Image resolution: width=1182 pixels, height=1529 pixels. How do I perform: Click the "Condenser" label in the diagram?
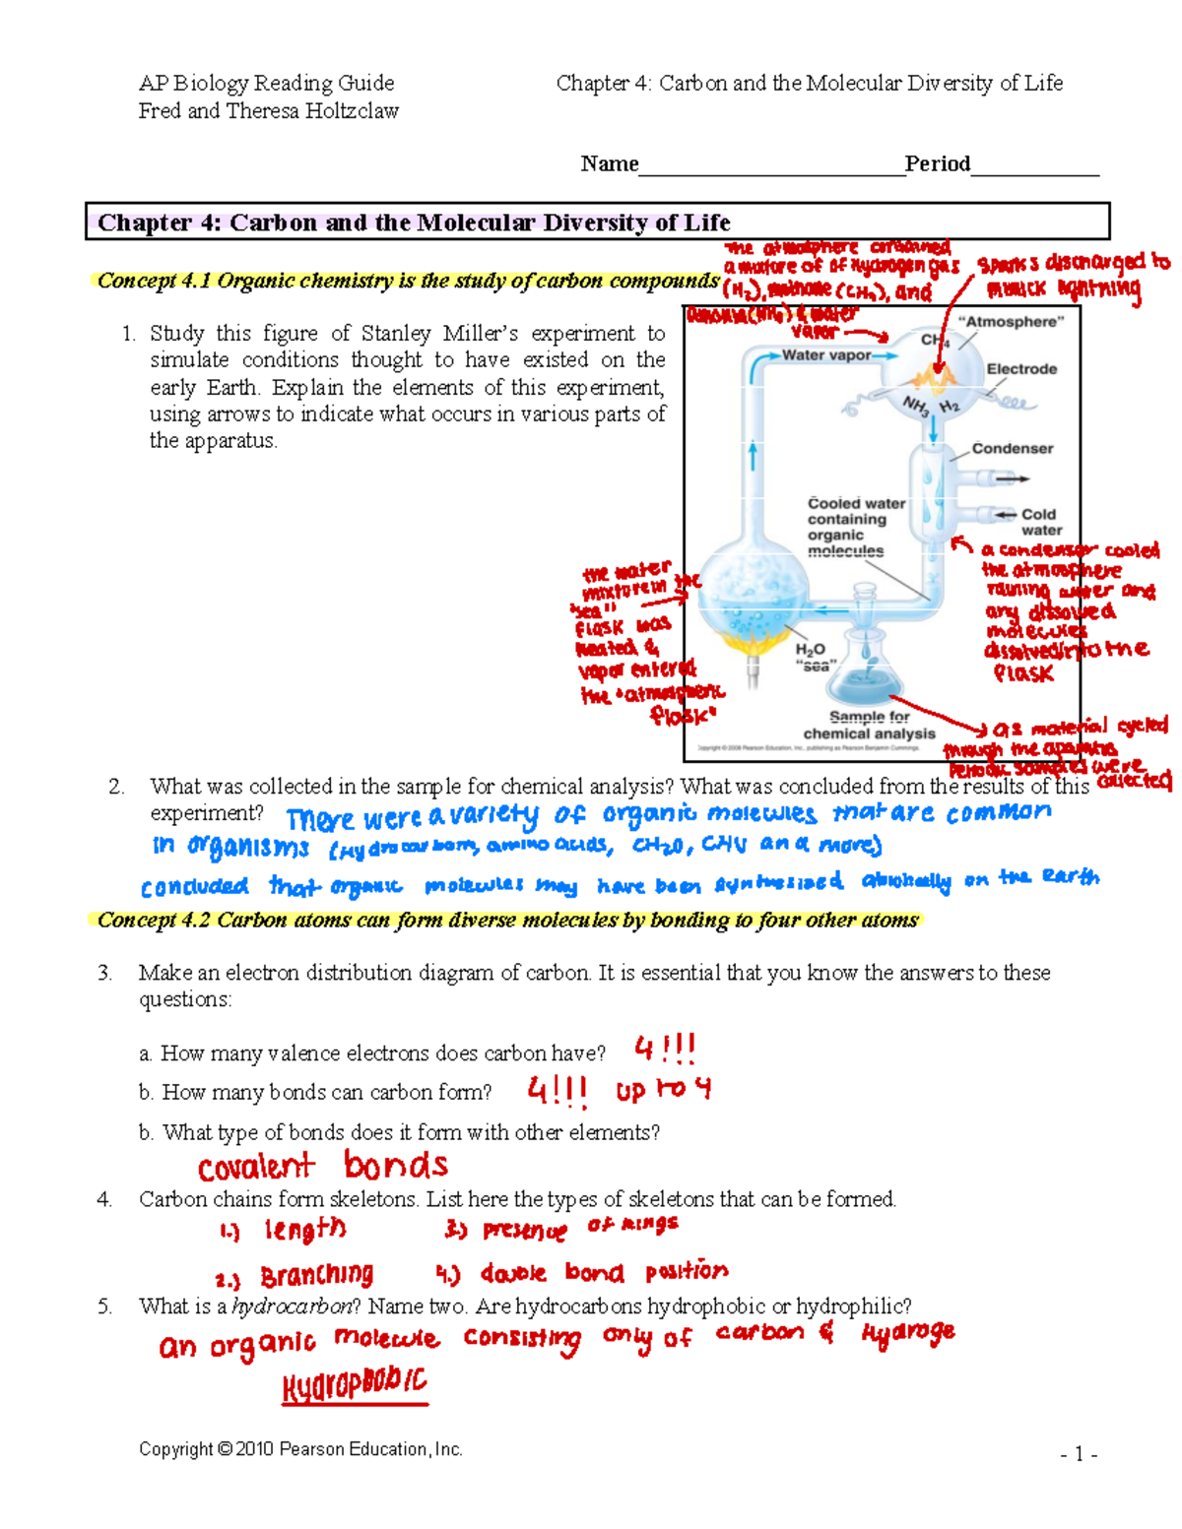tap(1012, 449)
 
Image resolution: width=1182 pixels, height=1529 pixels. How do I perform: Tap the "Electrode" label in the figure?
tap(1021, 369)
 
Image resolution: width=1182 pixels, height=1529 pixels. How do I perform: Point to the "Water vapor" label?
tap(826, 355)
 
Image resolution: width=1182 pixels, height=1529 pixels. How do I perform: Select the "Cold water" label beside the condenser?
tap(1039, 522)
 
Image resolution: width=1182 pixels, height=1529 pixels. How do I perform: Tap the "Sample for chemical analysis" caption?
tap(869, 726)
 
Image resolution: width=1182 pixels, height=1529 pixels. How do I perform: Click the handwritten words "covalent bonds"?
tap(322, 1167)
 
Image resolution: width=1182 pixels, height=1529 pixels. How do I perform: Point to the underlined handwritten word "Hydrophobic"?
tap(355, 1385)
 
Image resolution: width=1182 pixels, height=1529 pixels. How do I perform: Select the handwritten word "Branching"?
tap(316, 1276)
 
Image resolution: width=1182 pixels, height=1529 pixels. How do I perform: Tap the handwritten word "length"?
tap(304, 1230)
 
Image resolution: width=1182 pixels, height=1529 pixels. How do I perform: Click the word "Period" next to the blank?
tap(937, 163)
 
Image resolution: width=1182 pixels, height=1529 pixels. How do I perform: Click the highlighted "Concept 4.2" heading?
tap(507, 920)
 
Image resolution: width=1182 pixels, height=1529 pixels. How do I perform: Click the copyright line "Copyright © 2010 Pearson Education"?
tap(300, 1449)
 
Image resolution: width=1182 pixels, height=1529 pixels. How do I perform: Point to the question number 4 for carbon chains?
tap(104, 1199)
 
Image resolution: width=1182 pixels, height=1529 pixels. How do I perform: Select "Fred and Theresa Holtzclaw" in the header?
tap(268, 111)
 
